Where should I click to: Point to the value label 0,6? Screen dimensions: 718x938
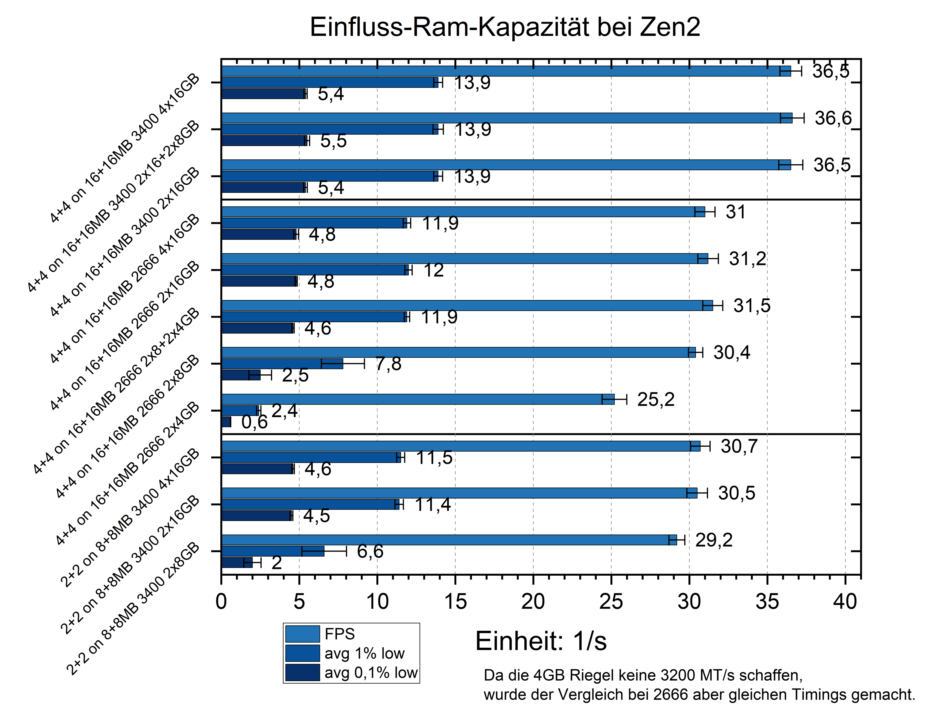(x=254, y=422)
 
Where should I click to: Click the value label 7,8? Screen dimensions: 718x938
(x=388, y=364)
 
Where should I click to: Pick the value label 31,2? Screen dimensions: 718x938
(x=747, y=259)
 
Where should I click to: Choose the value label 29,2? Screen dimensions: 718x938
(x=714, y=540)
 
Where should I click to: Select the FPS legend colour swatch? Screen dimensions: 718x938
(x=302, y=634)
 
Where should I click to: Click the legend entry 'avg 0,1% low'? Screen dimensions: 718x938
(x=371, y=673)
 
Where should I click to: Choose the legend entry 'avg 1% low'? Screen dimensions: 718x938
(x=364, y=654)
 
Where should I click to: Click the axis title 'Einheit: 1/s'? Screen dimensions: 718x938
(x=541, y=641)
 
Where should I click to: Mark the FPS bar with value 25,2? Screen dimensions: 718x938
(x=410, y=399)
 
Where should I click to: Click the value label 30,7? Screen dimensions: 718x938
(x=739, y=446)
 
